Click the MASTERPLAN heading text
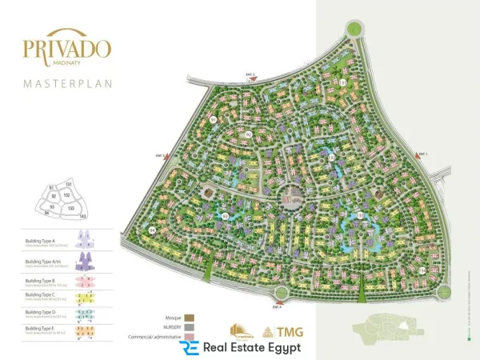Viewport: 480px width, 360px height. click(66, 82)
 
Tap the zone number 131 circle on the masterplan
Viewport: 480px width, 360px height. click(342, 82)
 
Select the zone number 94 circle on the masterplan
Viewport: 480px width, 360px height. click(152, 230)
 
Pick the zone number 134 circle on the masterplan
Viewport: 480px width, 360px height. click(422, 270)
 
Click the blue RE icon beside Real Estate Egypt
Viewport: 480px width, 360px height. click(189, 349)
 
